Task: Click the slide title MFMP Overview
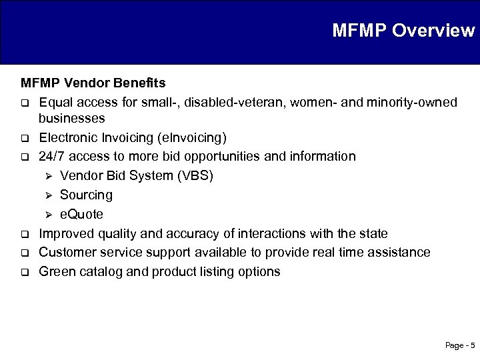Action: click(x=403, y=31)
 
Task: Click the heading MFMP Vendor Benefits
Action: click(x=93, y=84)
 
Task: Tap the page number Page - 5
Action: click(x=459, y=345)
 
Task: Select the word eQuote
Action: click(x=81, y=215)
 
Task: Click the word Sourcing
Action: click(x=86, y=195)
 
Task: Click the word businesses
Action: click(x=71, y=119)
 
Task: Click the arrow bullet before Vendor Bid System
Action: click(x=48, y=177)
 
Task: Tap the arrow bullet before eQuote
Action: click(x=48, y=215)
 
